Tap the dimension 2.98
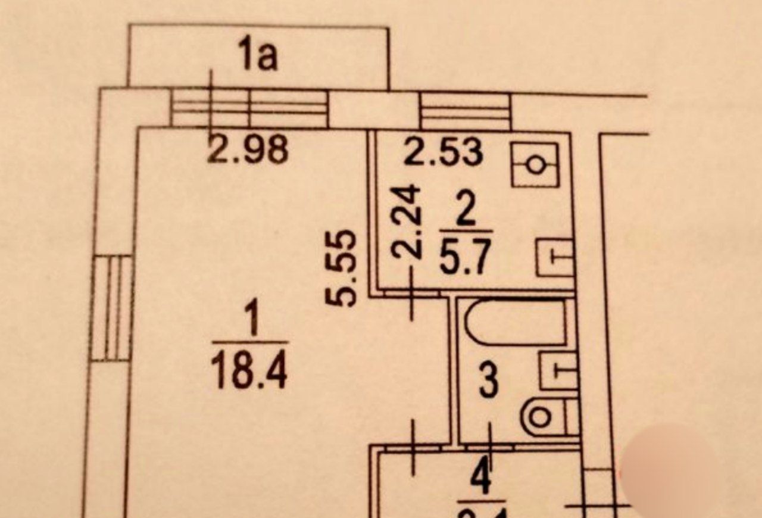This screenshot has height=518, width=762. [x=249, y=150]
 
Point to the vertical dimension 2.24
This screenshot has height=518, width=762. [x=408, y=221]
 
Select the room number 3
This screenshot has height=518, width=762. [x=488, y=382]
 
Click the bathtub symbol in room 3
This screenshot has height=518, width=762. [x=515, y=323]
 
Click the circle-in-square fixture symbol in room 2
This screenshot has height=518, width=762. [x=535, y=164]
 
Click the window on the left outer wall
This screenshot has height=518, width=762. [x=113, y=307]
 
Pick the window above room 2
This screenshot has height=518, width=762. [x=466, y=111]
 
